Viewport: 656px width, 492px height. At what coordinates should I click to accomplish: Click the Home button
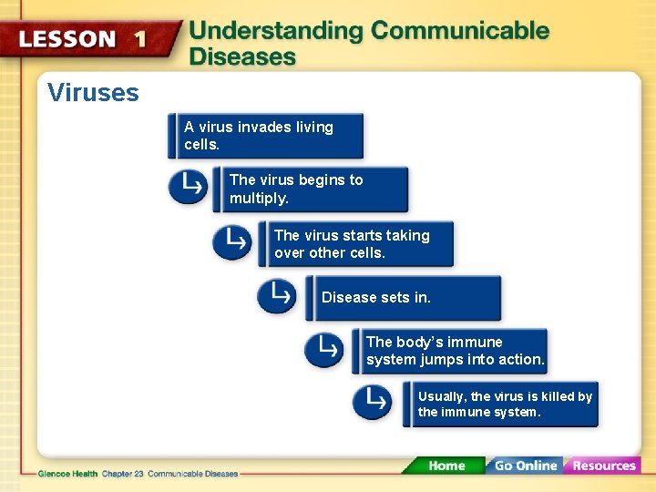coord(446,466)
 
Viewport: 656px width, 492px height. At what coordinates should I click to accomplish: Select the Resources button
coord(602,466)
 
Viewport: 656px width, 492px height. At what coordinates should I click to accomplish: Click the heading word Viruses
coord(93,93)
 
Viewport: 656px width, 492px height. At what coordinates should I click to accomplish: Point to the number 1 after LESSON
coord(140,40)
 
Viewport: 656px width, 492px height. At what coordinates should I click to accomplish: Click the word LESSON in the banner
coord(68,40)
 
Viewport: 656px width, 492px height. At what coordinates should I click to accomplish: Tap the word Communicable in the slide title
coord(460,31)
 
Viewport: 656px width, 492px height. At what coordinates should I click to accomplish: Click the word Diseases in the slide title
coord(242,56)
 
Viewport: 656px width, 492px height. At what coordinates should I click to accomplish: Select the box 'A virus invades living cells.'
coord(268,136)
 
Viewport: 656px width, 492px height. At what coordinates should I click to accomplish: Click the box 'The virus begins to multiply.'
coord(313,189)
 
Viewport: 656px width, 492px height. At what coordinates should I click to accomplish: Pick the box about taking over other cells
coord(359,243)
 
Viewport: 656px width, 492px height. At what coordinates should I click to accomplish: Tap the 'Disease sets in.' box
coord(405,298)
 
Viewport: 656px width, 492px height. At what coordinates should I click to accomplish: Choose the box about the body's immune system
coord(451,351)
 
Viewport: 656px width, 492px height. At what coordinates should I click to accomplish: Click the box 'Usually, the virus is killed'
coord(502,404)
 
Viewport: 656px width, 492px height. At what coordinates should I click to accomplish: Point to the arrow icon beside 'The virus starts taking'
coord(232,241)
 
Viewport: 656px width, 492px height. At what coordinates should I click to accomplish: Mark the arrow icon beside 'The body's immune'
coord(323,349)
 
